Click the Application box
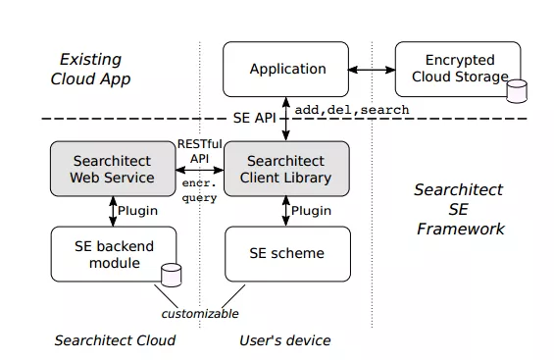pos(286,70)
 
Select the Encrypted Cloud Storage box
pos(458,70)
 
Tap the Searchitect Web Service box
pos(113,169)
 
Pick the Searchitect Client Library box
pos(286,169)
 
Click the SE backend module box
pos(114,254)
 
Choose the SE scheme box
pos(287,254)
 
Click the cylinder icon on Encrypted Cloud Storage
pos(517,91)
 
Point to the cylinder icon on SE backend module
pos(172,276)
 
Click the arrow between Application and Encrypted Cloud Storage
pos(372,70)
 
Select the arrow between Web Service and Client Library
pos(200,170)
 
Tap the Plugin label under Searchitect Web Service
pos(137,211)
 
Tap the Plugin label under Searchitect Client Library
pos(311,211)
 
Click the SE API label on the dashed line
pos(254,118)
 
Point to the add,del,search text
pos(352,110)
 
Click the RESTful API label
pos(200,151)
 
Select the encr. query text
pos(199,190)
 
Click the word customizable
pos(200,314)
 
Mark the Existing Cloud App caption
pos(90,70)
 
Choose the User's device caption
pos(284,340)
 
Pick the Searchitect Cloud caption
pos(115,340)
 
